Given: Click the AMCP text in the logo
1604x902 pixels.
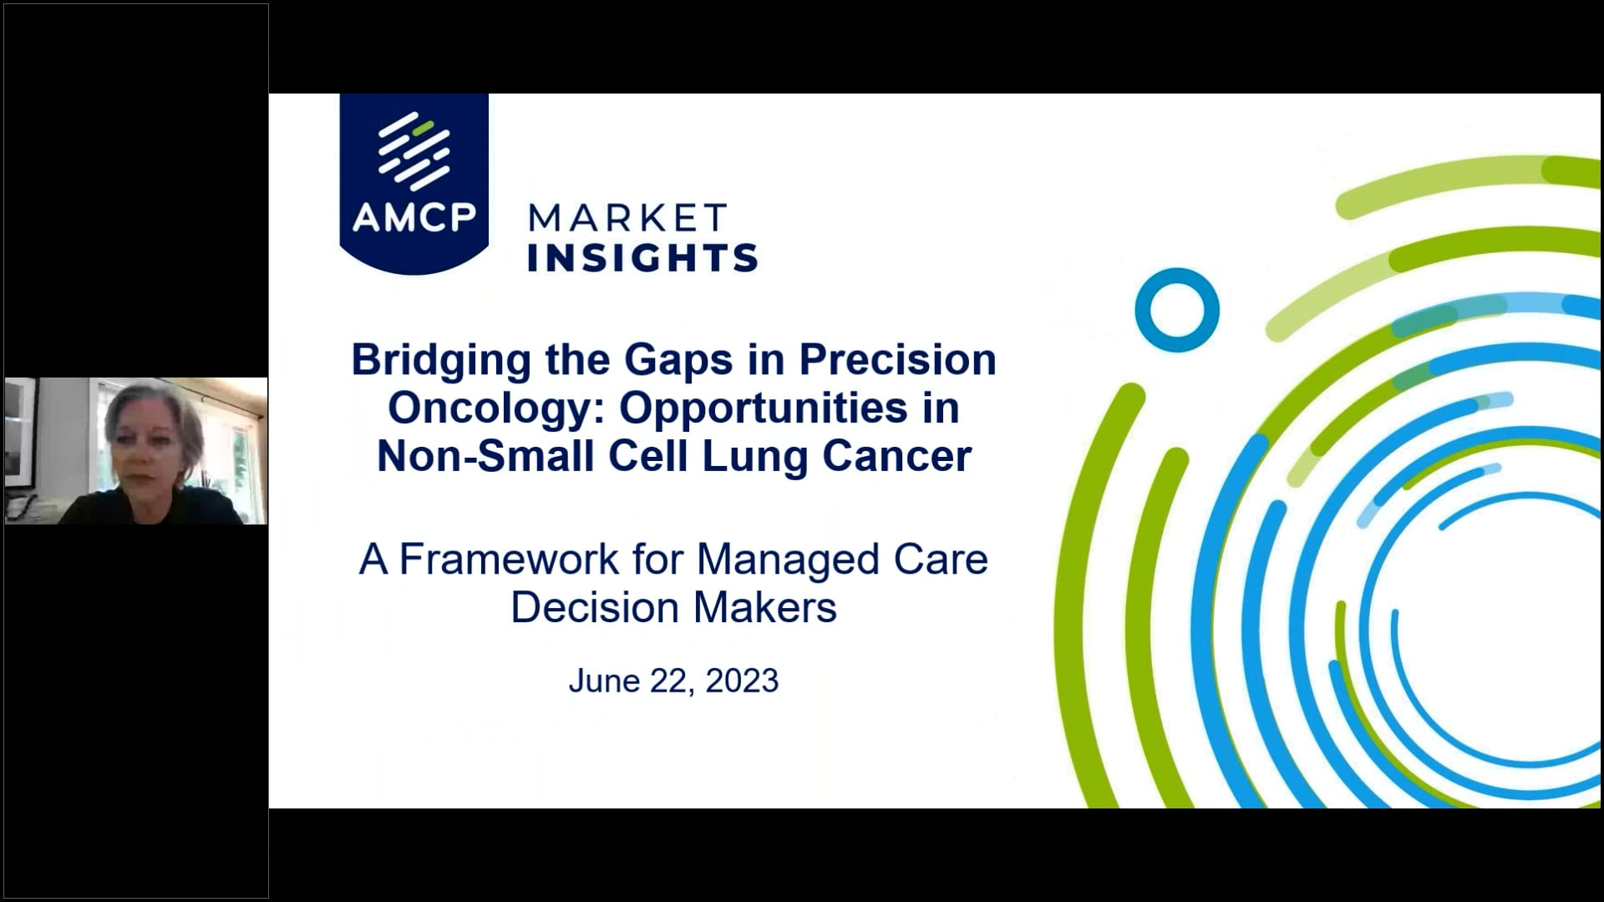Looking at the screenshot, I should (x=414, y=217).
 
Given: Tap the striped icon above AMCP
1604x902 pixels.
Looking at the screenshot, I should (x=414, y=150).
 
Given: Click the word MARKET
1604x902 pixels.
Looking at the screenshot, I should (x=627, y=219).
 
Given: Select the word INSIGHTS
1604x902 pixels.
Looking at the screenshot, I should (x=642, y=258).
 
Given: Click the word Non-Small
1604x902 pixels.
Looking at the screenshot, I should (x=485, y=457).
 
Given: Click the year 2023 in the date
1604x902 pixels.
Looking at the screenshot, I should (x=742, y=681).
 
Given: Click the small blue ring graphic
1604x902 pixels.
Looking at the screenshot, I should (x=1176, y=310).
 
